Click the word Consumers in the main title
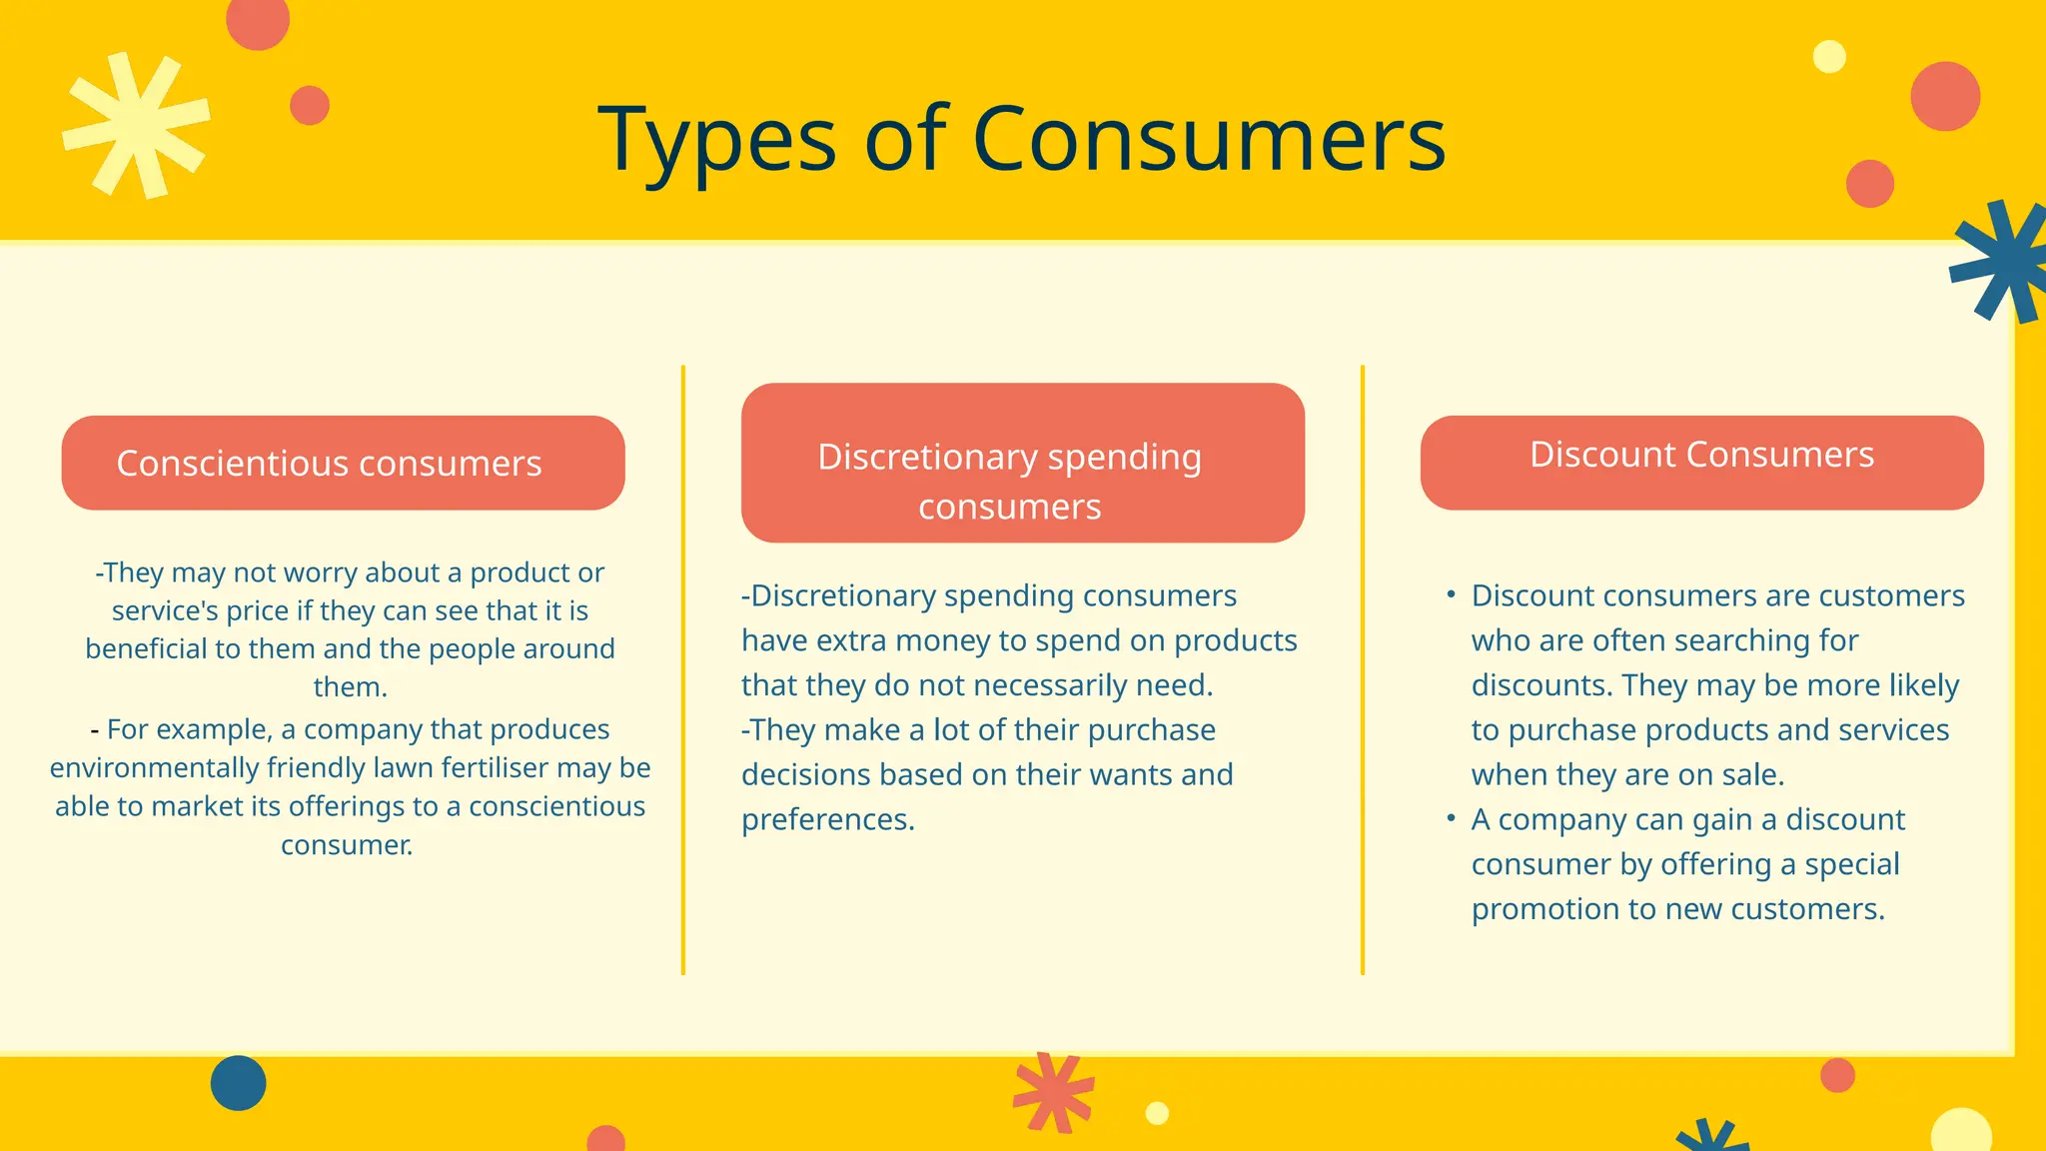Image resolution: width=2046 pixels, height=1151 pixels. [1209, 140]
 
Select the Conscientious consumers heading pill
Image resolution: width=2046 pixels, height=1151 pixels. [343, 463]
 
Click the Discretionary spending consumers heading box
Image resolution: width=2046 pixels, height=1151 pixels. [1022, 463]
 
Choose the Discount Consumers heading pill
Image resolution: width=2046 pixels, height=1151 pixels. [1701, 463]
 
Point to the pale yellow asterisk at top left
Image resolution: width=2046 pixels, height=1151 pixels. [136, 125]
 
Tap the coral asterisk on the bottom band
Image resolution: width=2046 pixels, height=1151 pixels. [1053, 1092]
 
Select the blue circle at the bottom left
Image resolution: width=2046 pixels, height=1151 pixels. [238, 1083]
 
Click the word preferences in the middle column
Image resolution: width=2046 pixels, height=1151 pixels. [826, 819]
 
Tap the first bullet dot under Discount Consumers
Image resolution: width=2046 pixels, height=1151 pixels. [1451, 594]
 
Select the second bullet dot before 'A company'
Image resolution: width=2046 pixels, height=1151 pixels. [1451, 818]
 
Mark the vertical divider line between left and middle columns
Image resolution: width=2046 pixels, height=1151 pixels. [683, 669]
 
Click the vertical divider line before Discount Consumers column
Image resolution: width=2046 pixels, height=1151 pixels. [1363, 669]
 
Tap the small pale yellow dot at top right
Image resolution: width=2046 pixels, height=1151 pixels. [1829, 57]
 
